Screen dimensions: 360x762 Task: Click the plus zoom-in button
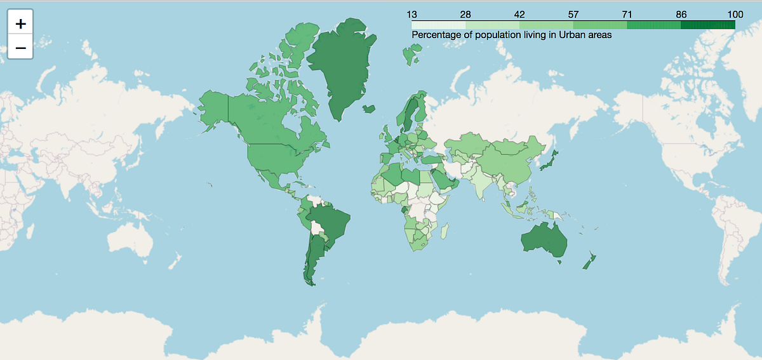[x=20, y=24]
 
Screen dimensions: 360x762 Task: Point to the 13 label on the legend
[x=411, y=14]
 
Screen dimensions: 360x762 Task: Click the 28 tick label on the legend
[x=465, y=14]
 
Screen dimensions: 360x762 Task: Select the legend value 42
[x=519, y=14]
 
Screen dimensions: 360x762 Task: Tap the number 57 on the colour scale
[x=573, y=14]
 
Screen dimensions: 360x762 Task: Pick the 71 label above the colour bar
[x=627, y=14]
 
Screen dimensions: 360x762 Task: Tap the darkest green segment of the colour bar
[x=707, y=25]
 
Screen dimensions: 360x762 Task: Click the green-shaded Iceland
[x=369, y=109]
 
